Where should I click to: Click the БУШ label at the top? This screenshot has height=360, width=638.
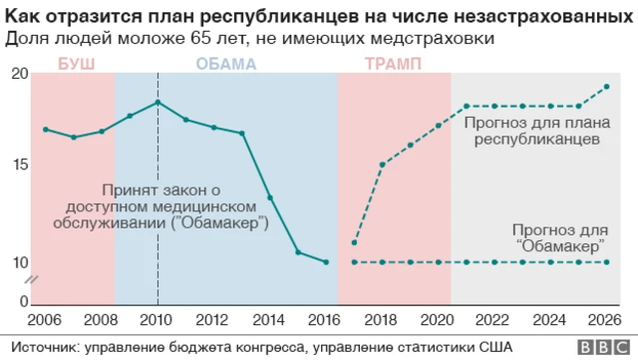pos(72,64)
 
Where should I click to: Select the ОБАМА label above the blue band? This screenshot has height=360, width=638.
pos(225,64)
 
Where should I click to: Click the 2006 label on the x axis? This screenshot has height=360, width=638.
pos(45,321)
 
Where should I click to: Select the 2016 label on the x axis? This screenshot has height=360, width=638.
pos(326,321)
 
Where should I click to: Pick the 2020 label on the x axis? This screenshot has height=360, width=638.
pos(439,321)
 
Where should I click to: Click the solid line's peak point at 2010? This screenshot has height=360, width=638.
pos(158,103)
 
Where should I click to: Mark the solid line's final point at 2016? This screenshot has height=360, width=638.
pos(326,262)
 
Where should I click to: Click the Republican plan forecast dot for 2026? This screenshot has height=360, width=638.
pos(607,87)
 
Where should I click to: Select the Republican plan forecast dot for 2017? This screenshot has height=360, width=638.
pos(355,243)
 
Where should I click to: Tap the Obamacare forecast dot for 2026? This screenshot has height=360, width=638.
pos(607,262)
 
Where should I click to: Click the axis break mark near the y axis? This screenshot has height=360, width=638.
pos(31,280)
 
